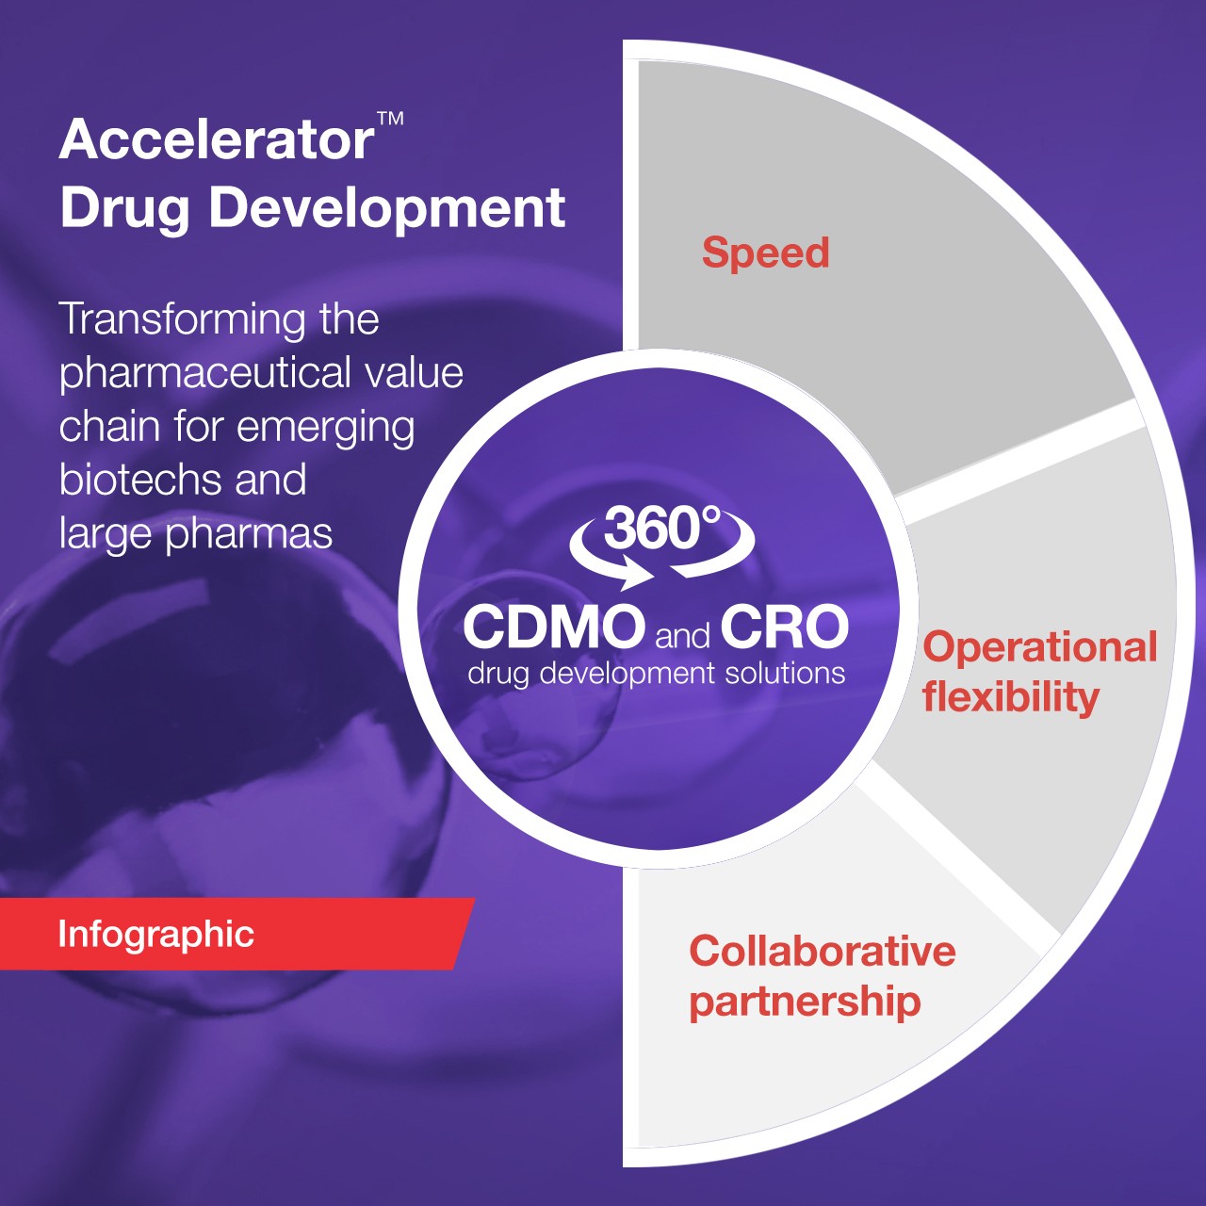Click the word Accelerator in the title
(217, 140)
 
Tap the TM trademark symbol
(390, 120)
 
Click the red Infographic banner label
(156, 934)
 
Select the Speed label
(765, 253)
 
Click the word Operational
(1040, 647)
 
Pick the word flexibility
(1011, 697)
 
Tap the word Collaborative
(823, 951)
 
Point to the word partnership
(805, 1002)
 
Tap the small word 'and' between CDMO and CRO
(682, 636)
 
